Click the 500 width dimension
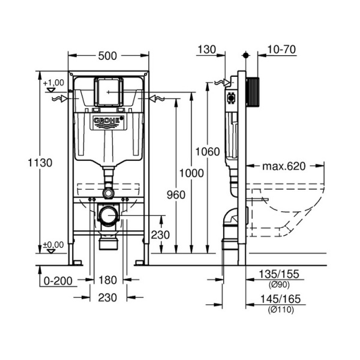pos(107,56)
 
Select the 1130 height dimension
pos(40,163)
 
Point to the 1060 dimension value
pos(208,152)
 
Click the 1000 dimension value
pos(191,173)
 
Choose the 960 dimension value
pos(176,195)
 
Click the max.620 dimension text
pos(284,166)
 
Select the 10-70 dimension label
pos(281,49)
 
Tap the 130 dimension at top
pos(206,49)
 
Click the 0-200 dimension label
pos(58,281)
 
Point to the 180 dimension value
pos(107,280)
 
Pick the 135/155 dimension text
pos(279,274)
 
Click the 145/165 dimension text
pos(280,299)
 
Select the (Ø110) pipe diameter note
pos(281,310)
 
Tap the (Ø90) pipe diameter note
pos(279,284)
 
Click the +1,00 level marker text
pos(53,82)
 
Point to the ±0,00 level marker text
pos(53,245)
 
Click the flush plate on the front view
pos(109,92)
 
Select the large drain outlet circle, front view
pos(108,216)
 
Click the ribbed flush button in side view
pos(253,92)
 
